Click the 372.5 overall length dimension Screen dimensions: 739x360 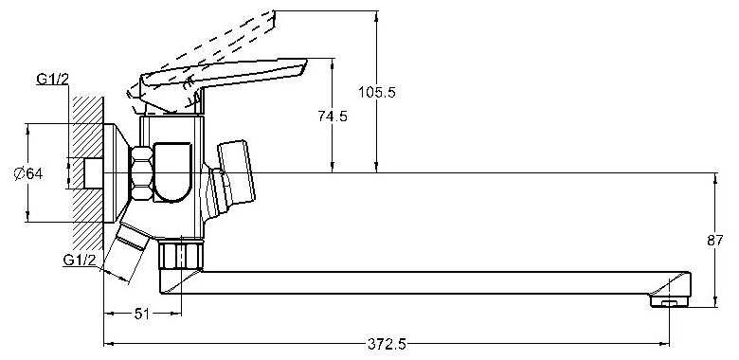[387, 345]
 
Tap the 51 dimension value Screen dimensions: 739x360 [142, 314]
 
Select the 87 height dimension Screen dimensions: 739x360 [715, 241]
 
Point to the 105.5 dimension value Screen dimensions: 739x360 [376, 92]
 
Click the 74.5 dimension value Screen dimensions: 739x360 [333, 116]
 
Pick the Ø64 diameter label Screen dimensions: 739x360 [28, 174]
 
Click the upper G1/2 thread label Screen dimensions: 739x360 [52, 80]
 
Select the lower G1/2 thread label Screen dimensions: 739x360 [80, 260]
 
